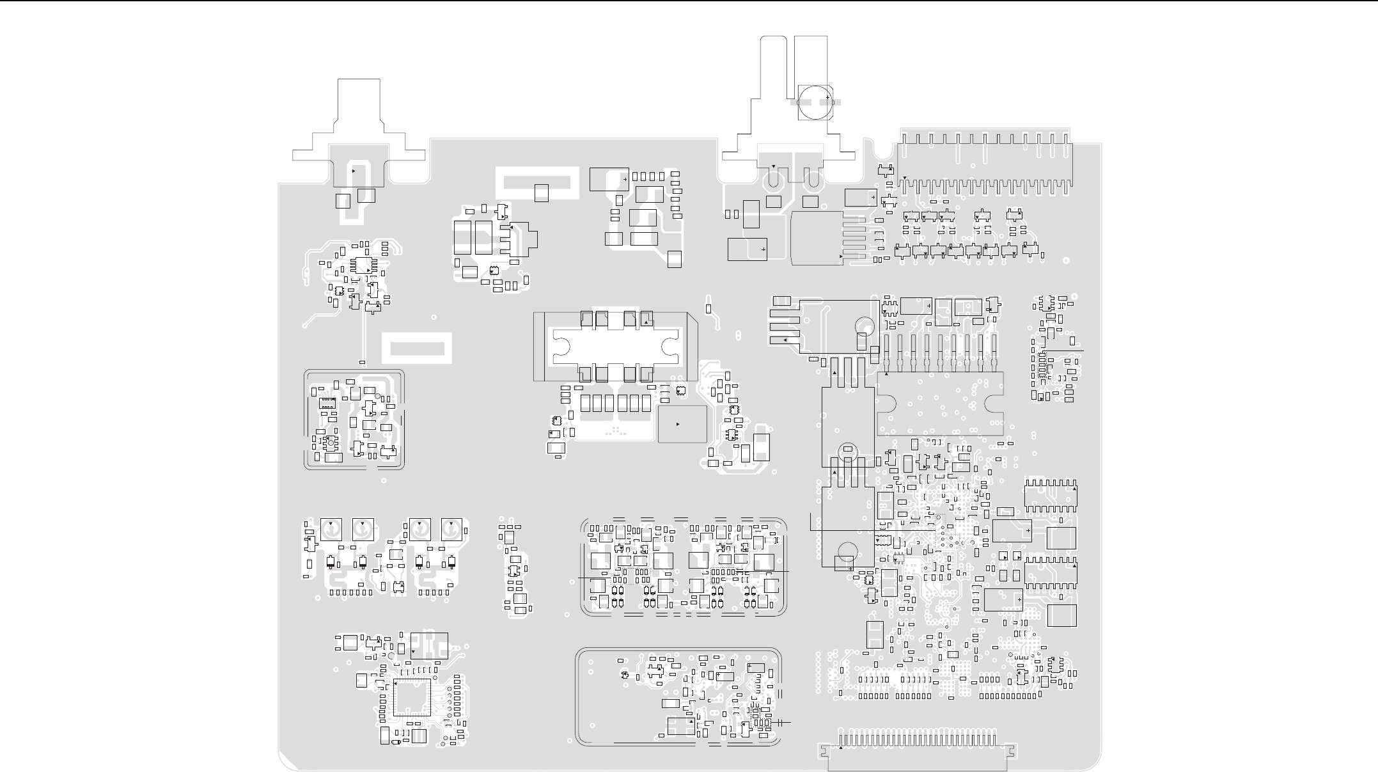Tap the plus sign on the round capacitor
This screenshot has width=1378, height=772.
[827, 97]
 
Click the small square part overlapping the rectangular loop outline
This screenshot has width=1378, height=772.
[541, 193]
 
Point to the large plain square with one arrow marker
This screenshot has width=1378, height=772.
[682, 424]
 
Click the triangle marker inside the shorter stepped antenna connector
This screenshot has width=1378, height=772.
[354, 171]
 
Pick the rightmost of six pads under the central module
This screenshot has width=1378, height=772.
[646, 403]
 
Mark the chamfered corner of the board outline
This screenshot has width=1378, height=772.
[288, 761]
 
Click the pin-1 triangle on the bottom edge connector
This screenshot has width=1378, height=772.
[840, 748]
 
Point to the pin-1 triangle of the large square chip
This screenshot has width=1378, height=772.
[396, 684]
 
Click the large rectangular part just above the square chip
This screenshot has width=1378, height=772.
[429, 645]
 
